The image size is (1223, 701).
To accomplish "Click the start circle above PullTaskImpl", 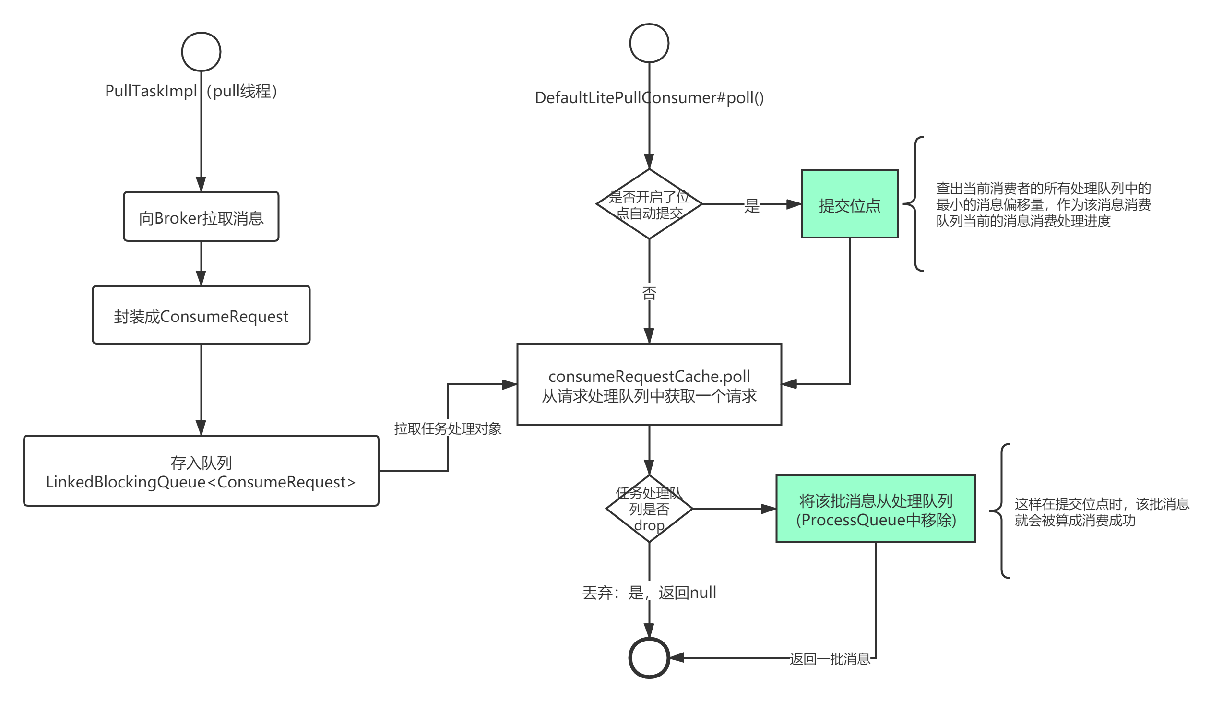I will (x=201, y=51).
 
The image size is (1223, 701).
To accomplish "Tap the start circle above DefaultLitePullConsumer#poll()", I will (x=649, y=43).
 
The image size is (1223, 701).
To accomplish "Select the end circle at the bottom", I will (x=649, y=658).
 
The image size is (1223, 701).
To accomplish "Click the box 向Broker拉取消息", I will (x=201, y=217).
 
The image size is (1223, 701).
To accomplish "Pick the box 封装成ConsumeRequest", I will (x=201, y=315).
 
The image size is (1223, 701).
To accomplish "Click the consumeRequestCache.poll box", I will (x=649, y=385).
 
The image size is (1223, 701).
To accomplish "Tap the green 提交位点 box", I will (x=850, y=204).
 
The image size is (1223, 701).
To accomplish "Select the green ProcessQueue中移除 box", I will (x=876, y=509).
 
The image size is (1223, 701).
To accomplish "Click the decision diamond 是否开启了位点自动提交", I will (x=649, y=204).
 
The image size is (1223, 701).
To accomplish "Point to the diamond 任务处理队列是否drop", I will (x=649, y=509).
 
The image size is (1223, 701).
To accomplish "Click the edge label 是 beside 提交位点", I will (x=752, y=204).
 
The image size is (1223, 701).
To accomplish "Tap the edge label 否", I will (x=649, y=292).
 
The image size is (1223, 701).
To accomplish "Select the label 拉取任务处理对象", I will (x=448, y=428).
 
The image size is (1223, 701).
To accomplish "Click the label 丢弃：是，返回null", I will (x=649, y=592).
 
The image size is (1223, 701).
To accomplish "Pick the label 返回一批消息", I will (x=830, y=658).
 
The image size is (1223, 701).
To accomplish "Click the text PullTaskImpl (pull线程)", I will (x=191, y=91).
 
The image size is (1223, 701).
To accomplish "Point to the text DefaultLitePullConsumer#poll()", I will (x=649, y=98).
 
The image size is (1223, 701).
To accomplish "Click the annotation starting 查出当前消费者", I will (x=1043, y=204).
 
